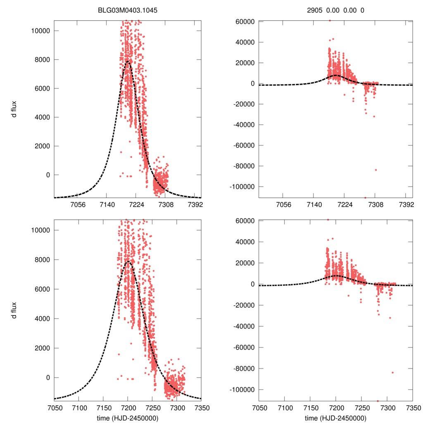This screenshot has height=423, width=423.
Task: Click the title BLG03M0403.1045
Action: coord(128,11)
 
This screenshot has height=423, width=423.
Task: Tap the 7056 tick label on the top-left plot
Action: coord(78,205)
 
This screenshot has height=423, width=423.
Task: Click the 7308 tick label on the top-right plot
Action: coord(375,205)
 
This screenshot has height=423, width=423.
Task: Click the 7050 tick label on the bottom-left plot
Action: coord(55,407)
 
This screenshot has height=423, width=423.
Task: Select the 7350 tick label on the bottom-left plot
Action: coord(201,407)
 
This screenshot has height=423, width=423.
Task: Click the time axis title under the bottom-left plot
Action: coord(128,418)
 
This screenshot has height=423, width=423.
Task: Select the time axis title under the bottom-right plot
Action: coord(335,418)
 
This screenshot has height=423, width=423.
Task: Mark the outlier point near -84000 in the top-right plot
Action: coord(376,170)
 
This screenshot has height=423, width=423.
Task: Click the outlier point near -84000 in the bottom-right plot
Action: coord(392,373)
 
